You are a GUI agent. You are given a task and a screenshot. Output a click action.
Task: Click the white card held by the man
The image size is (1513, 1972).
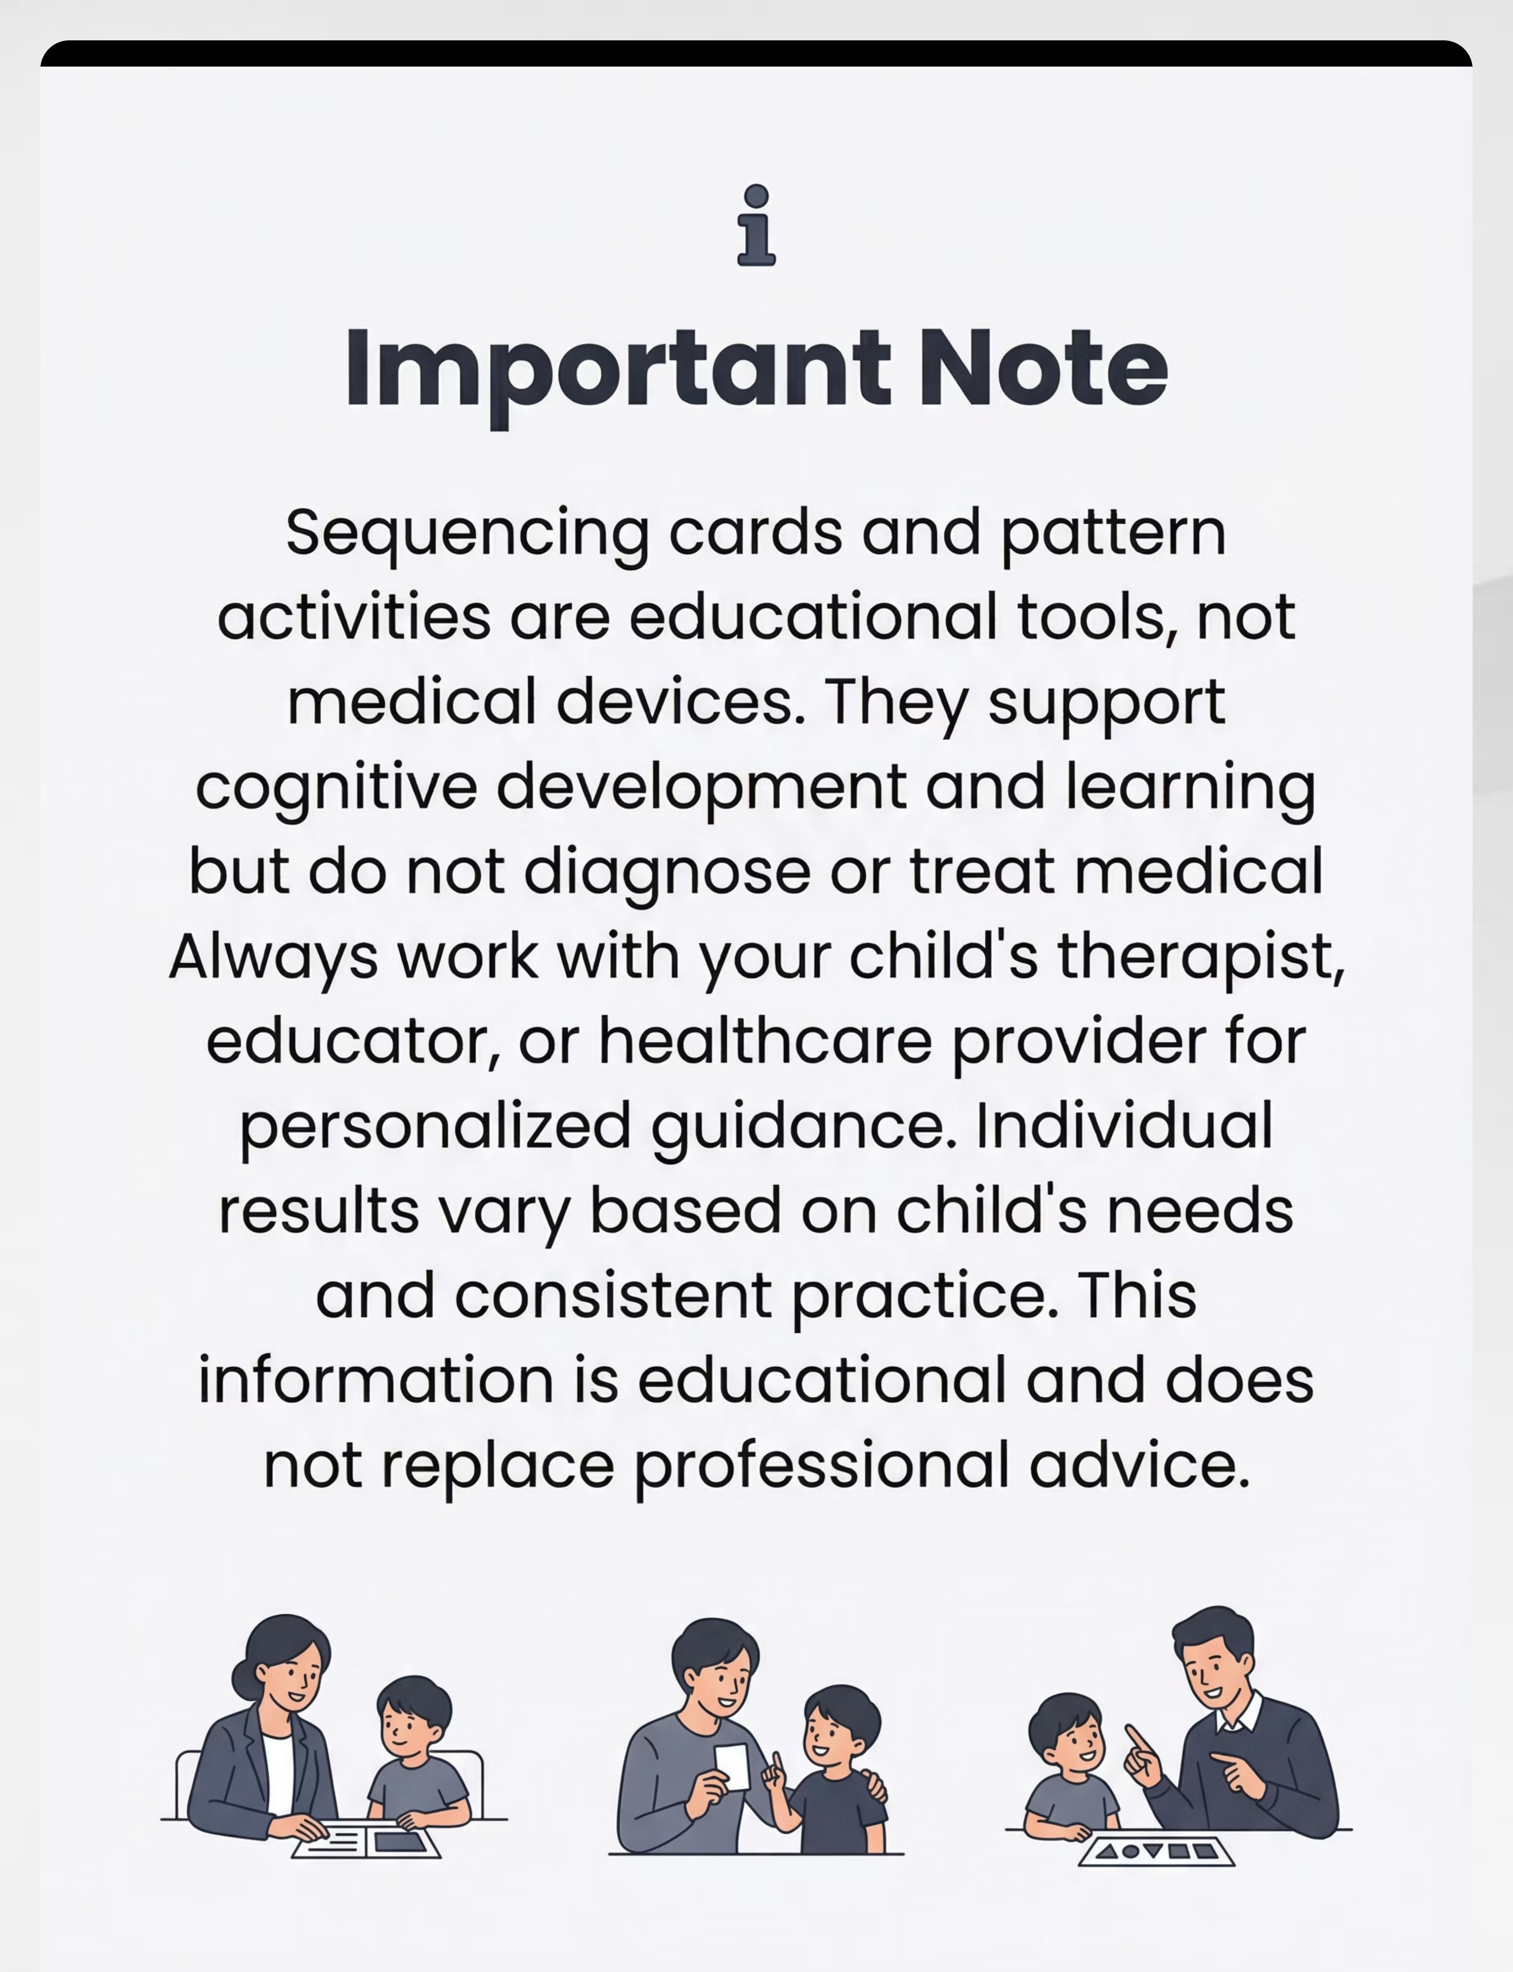[731, 1767]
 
